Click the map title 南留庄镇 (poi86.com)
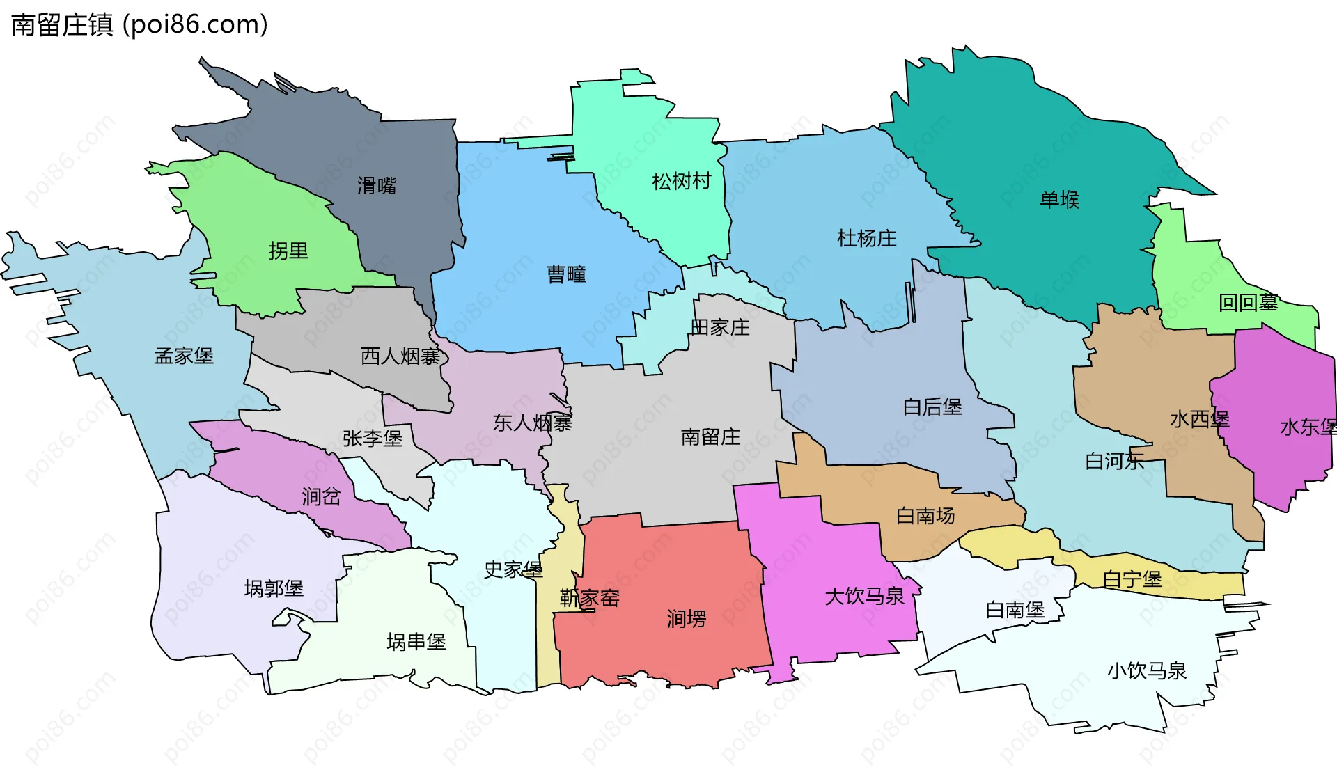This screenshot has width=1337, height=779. tap(139, 25)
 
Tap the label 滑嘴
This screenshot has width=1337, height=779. tap(376, 186)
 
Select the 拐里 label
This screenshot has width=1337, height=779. tap(288, 251)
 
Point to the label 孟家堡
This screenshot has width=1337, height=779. tap(184, 356)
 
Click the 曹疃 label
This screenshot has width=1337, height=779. tap(566, 274)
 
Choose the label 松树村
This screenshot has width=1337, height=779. tap(681, 182)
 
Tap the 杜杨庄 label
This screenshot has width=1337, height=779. tap(866, 239)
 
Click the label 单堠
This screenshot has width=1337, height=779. tap(1059, 200)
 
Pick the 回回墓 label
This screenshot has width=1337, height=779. tap(1248, 303)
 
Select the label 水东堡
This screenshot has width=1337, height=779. tap(1307, 427)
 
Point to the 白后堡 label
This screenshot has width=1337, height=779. tap(932, 407)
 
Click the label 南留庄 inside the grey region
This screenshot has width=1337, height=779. tap(710, 437)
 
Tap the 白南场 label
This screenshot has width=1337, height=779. tap(925, 516)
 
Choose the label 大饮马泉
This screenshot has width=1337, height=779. tap(864, 597)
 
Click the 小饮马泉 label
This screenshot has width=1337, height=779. tap(1147, 671)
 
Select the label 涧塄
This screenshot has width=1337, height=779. tap(686, 619)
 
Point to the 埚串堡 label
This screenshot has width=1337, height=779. tap(416, 642)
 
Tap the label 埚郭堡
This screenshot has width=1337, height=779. tap(274, 589)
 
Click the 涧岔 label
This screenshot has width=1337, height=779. tap(321, 497)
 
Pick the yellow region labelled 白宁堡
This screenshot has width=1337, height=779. tap(1132, 579)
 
